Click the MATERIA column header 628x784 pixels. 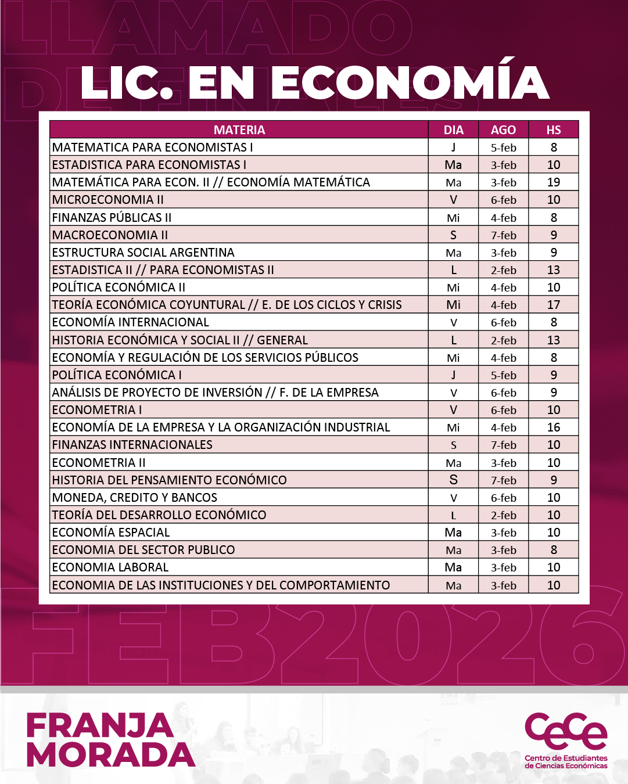point(239,130)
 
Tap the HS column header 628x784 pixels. point(554,130)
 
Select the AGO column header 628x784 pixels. point(503,130)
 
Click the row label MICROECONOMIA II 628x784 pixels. point(108,200)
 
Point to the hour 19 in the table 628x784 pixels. point(554,182)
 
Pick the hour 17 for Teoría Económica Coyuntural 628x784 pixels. point(554,305)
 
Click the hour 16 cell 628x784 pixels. point(554,427)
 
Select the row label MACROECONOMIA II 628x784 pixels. point(110,235)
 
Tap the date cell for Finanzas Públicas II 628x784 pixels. point(503,218)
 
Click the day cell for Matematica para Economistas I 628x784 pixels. point(453,148)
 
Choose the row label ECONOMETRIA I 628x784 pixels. point(97,410)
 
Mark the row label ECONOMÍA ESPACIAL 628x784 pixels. point(111,533)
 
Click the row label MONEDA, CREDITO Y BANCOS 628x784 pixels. point(135,498)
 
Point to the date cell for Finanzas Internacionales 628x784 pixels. point(503,445)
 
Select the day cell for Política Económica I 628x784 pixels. point(453,375)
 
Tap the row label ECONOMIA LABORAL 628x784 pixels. point(110,567)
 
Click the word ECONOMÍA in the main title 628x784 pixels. point(410,82)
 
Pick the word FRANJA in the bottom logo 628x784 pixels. point(100,726)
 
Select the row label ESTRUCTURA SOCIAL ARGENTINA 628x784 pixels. point(143,253)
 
